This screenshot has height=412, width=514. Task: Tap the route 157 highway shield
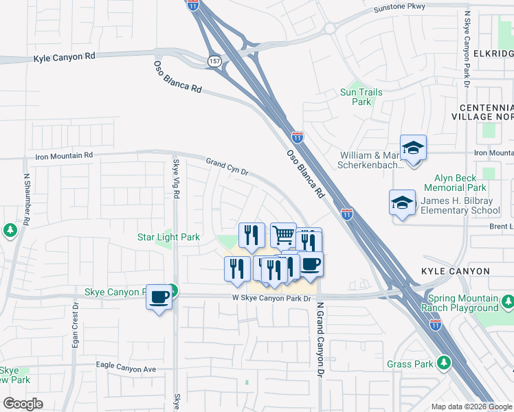[214, 61]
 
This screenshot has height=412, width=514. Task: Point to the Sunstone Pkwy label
[399, 7]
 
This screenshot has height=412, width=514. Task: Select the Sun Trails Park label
[361, 97]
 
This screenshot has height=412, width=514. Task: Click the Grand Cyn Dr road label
[227, 166]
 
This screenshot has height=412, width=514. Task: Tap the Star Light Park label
[168, 238]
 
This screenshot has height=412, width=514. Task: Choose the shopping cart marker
[283, 236]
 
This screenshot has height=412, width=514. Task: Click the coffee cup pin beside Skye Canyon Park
[159, 297]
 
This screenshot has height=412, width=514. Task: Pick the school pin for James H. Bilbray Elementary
[402, 203]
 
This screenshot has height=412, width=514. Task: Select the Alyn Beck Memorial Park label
[455, 182]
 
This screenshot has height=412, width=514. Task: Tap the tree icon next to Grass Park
[444, 362]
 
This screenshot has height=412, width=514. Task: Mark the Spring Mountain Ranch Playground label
[462, 304]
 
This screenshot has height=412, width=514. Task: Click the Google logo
[23, 404]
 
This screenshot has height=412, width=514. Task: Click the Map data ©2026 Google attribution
[471, 407]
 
